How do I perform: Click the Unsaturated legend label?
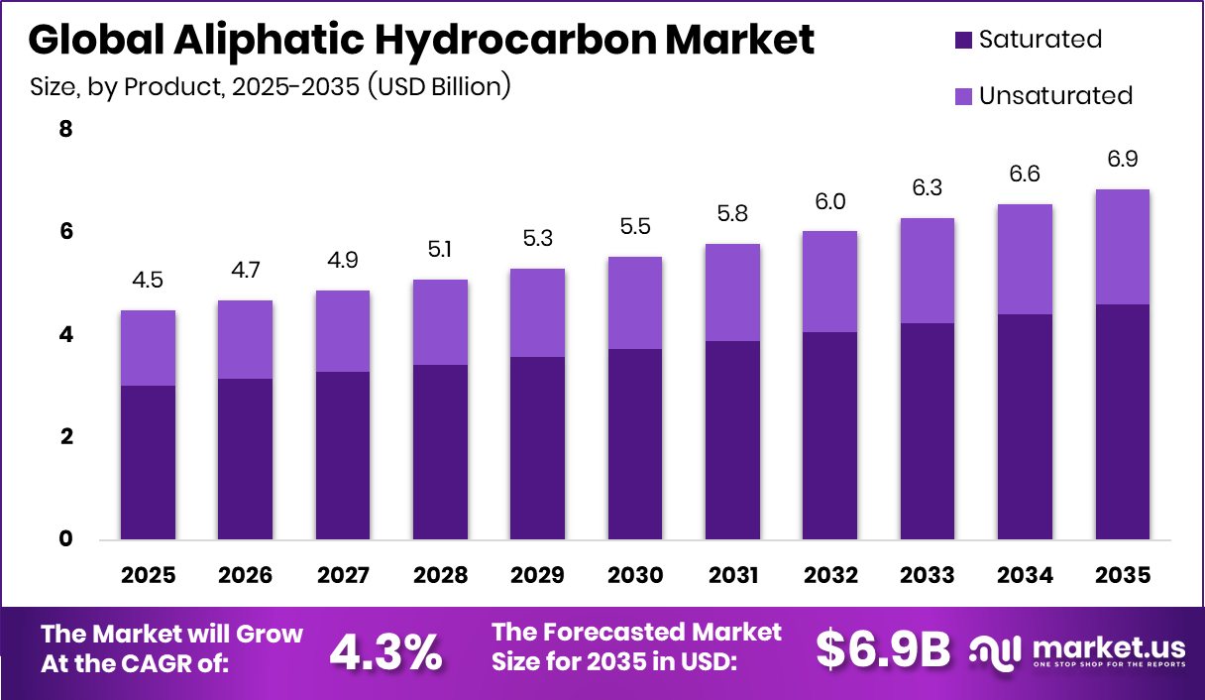click(1055, 96)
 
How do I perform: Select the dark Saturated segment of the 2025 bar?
click(148, 462)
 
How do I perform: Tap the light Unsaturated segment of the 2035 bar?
click(1123, 247)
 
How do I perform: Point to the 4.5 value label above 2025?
click(148, 281)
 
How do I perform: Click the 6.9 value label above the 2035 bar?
click(1123, 160)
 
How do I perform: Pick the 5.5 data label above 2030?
click(635, 227)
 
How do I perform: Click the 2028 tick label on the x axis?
click(440, 576)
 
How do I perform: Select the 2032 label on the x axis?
click(830, 576)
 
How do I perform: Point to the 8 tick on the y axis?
click(66, 130)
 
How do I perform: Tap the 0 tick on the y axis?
click(66, 539)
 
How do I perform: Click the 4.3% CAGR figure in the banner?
click(385, 650)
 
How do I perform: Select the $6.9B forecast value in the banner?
click(883, 649)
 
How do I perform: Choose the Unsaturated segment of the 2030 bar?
click(635, 302)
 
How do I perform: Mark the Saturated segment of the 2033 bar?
click(928, 431)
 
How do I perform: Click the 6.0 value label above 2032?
click(830, 201)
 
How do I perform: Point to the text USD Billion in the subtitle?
click(437, 87)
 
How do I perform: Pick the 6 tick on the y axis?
click(66, 232)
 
